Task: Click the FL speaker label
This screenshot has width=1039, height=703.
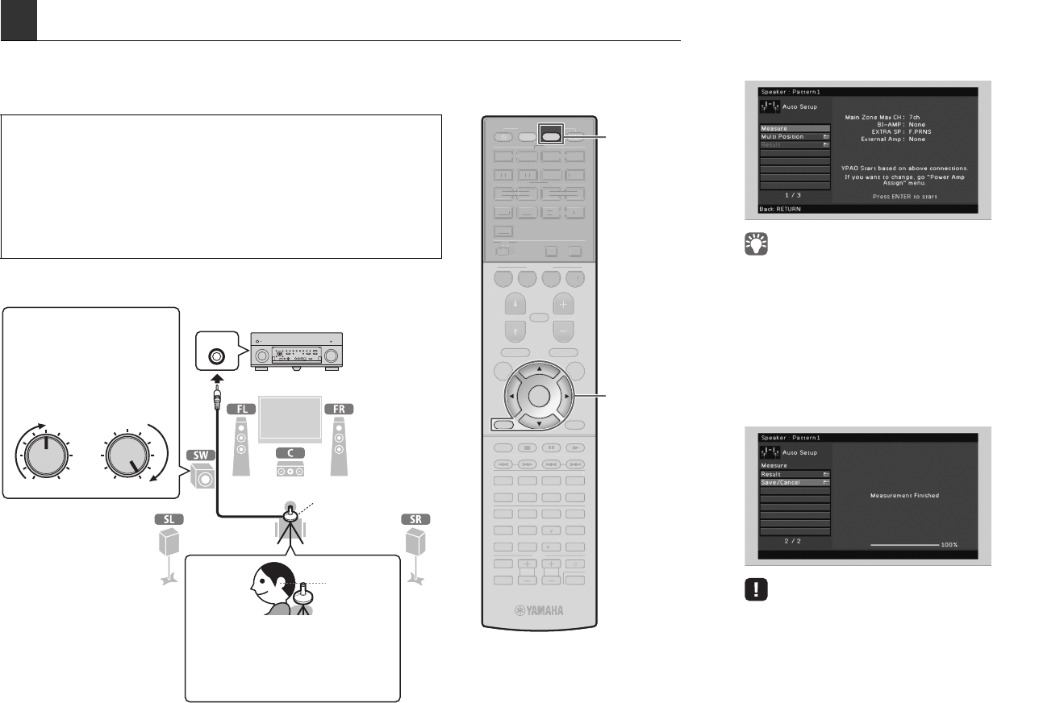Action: point(244,409)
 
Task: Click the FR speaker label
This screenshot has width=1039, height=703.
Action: point(340,409)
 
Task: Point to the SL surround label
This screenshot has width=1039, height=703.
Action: point(169,519)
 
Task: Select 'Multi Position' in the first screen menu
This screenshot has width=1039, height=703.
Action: point(782,137)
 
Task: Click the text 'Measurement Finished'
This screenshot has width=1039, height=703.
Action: point(904,495)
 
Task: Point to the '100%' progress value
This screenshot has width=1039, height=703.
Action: point(949,545)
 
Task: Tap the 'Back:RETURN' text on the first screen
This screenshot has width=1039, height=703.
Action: point(778,209)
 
